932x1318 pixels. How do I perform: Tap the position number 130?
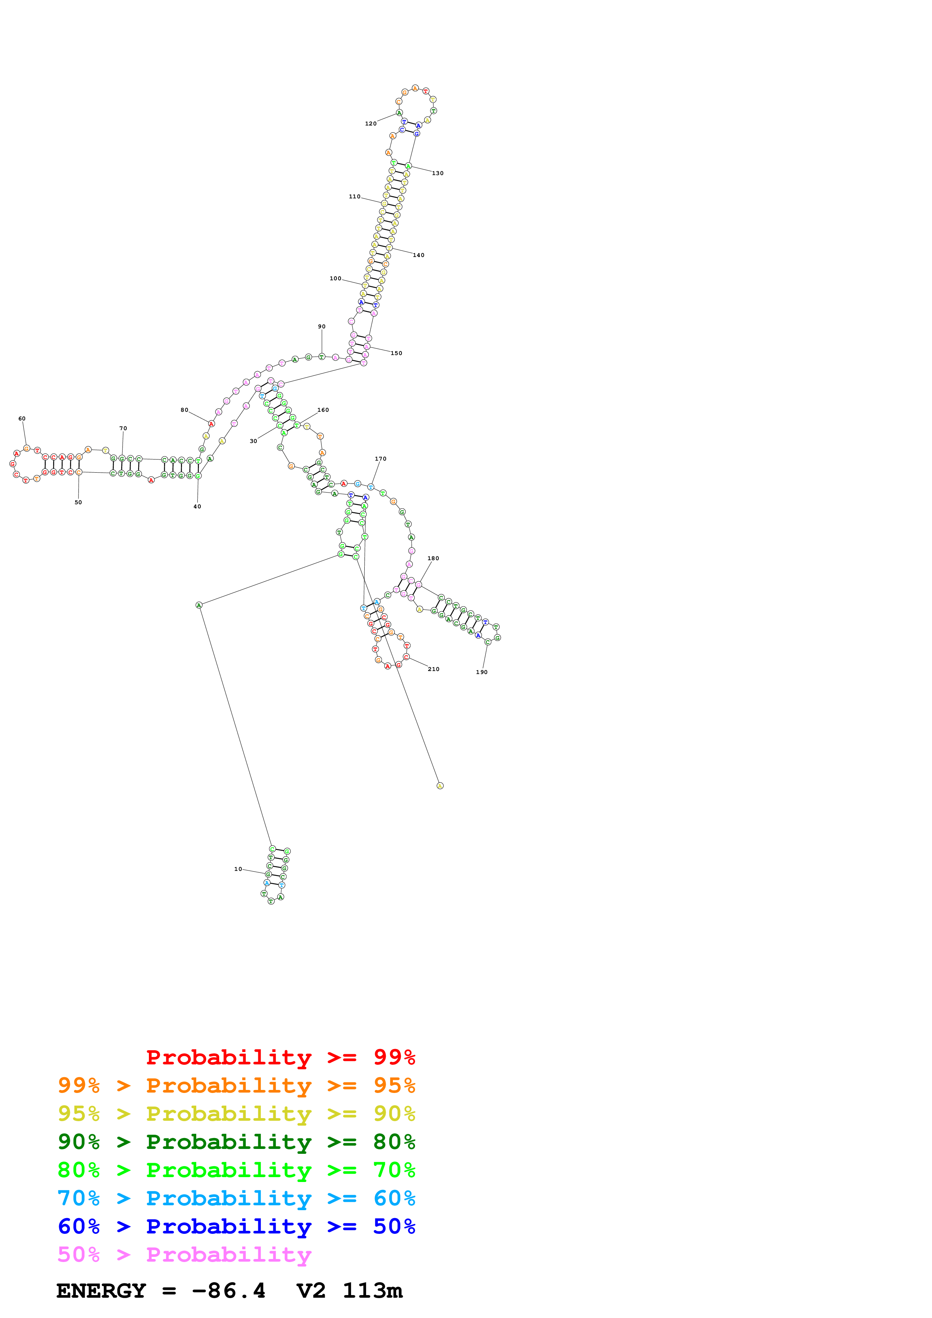pos(438,173)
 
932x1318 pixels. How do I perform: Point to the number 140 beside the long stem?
pos(418,255)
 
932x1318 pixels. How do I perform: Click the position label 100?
pos(335,278)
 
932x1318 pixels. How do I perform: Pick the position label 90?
pos(321,326)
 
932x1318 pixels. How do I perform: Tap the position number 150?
pos(396,353)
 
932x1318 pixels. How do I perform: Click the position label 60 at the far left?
pos(22,419)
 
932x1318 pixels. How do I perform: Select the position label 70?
pos(123,428)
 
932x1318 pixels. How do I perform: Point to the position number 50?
pos(78,502)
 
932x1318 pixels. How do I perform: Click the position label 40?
pos(197,506)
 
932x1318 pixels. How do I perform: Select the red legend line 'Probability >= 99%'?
pos(280,1057)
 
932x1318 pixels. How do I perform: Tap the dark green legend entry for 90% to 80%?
pos(236,1142)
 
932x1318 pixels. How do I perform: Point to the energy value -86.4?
pos(229,1291)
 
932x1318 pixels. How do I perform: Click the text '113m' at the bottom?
pos(372,1291)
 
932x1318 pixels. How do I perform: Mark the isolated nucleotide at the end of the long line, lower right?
pos(440,786)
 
